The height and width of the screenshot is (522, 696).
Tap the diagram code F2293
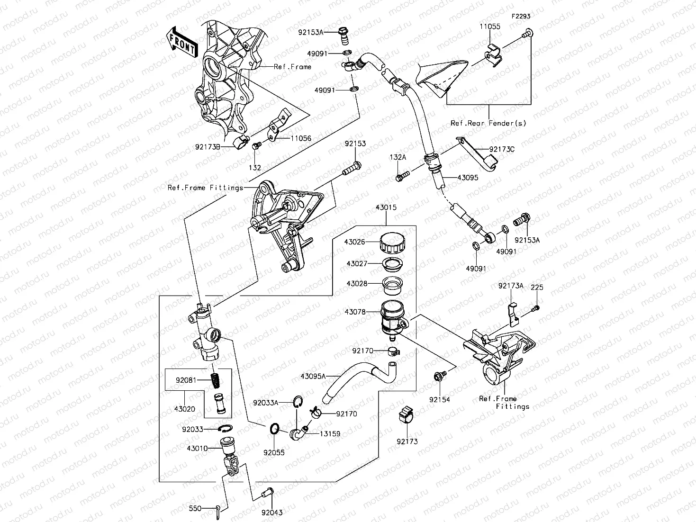[x=520, y=16]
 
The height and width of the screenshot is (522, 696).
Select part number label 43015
[x=386, y=208]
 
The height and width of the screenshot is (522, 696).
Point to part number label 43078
[x=355, y=312]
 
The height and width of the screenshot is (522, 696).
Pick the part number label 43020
[x=184, y=409]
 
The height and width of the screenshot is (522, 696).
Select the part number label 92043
[x=271, y=512]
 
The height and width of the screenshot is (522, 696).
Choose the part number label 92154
[x=439, y=399]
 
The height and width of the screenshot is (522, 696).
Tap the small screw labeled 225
[x=536, y=308]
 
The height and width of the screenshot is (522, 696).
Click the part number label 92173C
[x=502, y=149]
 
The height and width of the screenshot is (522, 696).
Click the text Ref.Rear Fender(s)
[x=488, y=123]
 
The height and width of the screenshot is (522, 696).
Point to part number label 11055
[x=489, y=27]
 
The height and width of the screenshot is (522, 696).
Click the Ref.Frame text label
[x=292, y=67]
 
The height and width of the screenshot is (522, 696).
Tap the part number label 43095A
[x=313, y=377]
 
